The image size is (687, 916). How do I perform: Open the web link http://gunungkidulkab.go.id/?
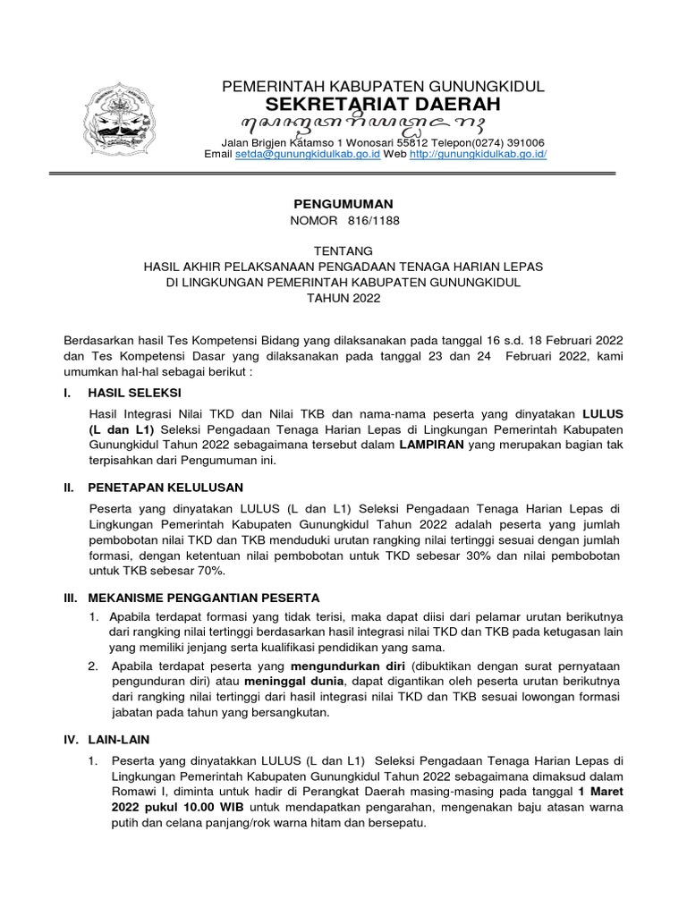coord(478,154)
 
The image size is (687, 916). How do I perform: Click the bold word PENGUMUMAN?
coord(330,205)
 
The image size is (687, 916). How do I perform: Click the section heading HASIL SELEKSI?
coord(135,394)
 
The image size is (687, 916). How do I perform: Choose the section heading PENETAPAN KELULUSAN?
coord(165,487)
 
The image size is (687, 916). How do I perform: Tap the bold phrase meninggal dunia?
coord(266,683)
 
